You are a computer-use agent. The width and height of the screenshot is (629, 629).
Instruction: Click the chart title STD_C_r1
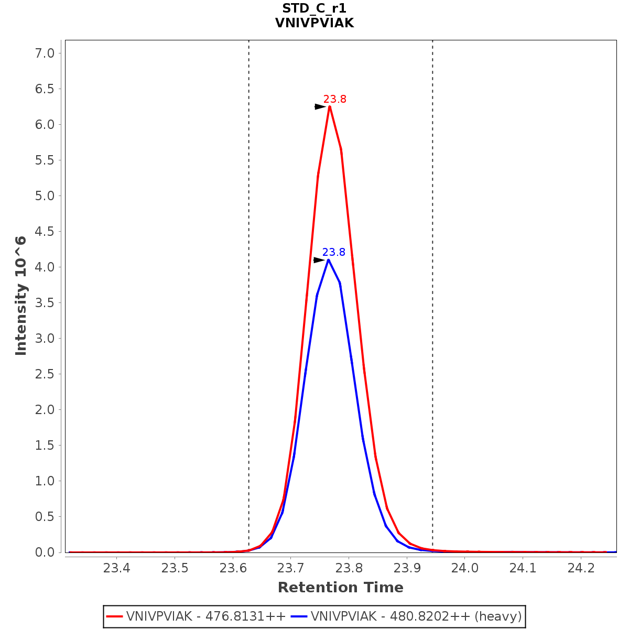point(314,8)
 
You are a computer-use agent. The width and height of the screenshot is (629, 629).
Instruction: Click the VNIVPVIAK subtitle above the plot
point(314,23)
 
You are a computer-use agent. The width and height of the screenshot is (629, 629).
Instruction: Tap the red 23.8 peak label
point(334,99)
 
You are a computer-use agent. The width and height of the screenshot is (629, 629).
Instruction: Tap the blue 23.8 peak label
point(333,252)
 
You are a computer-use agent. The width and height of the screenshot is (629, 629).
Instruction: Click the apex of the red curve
point(330,106)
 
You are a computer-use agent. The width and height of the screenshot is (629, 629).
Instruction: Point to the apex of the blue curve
point(328,260)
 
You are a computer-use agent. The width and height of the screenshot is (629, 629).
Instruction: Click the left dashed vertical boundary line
point(249,262)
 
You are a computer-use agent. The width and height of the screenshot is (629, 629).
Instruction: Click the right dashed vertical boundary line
point(432,262)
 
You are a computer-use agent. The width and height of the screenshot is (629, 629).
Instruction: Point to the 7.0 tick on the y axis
point(44,53)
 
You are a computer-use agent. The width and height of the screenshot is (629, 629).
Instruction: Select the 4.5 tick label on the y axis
point(44,231)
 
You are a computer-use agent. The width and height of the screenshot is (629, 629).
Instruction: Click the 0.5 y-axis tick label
point(44,516)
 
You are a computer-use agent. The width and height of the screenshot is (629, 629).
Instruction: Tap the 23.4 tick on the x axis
point(116,568)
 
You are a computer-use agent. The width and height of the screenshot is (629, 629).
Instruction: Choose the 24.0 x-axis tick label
point(465,568)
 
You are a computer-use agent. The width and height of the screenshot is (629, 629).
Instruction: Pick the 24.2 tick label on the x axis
point(581,568)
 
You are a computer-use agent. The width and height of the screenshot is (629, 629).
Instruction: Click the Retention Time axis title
point(340,588)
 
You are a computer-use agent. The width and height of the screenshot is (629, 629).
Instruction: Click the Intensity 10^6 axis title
point(21,296)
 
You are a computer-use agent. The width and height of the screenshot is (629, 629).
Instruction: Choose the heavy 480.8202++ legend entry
point(416,616)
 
